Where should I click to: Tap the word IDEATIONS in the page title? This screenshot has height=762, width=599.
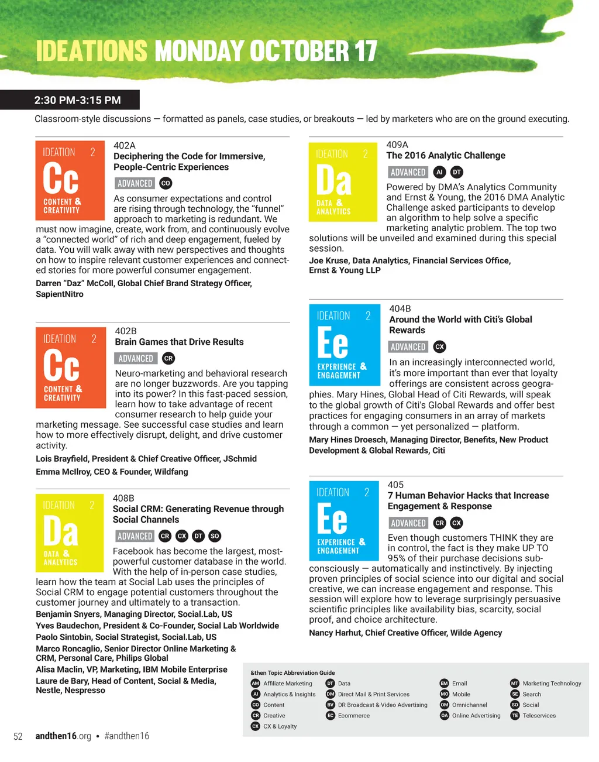(x=92, y=52)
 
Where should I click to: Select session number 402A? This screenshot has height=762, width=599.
(x=124, y=145)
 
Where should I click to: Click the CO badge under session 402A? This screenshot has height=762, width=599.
(x=166, y=183)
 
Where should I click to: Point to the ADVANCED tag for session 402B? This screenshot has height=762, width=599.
(x=136, y=358)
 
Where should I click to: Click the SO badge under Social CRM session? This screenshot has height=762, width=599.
(x=215, y=536)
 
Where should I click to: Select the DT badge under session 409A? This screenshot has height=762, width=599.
(x=457, y=172)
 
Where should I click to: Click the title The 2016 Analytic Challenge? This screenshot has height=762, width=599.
(x=446, y=156)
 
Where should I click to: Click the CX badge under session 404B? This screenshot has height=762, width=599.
(x=440, y=346)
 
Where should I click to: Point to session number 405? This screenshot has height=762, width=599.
(x=395, y=485)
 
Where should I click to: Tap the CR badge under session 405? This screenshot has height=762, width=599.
(x=440, y=523)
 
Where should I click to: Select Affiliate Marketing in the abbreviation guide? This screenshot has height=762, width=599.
(x=287, y=684)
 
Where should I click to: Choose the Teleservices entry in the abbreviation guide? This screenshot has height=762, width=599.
(x=539, y=716)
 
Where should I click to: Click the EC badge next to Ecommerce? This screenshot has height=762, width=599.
(x=331, y=716)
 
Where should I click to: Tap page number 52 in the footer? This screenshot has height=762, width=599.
(x=18, y=736)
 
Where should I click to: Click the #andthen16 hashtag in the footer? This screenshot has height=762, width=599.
(x=126, y=736)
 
